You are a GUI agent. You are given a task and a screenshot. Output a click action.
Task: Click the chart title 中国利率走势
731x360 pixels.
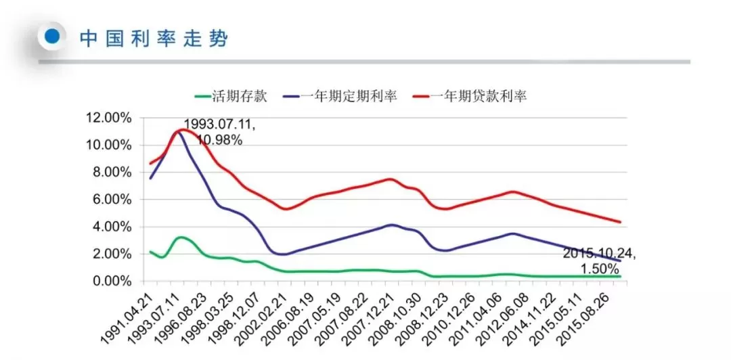(154, 39)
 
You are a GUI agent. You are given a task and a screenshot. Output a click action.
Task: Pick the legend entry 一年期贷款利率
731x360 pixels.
(489, 96)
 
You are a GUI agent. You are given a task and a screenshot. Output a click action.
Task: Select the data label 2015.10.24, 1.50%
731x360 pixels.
(600, 262)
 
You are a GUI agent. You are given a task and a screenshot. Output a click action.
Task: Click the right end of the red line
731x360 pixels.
(620, 222)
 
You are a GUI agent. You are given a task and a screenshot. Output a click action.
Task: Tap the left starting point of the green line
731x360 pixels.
(150, 252)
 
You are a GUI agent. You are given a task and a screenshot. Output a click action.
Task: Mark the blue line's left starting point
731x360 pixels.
(150, 178)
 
